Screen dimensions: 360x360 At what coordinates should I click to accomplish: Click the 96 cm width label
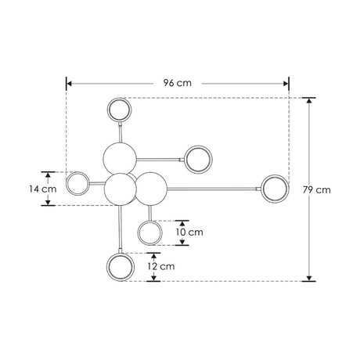(178, 81)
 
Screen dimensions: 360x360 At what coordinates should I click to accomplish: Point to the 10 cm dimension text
(189, 232)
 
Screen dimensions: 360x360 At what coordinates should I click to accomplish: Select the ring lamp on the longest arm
(275, 188)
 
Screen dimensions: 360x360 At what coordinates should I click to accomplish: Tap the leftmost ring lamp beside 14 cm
(77, 185)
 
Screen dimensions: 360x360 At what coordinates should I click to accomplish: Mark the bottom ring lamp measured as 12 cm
(120, 266)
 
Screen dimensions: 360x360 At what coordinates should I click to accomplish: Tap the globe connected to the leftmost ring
(120, 188)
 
